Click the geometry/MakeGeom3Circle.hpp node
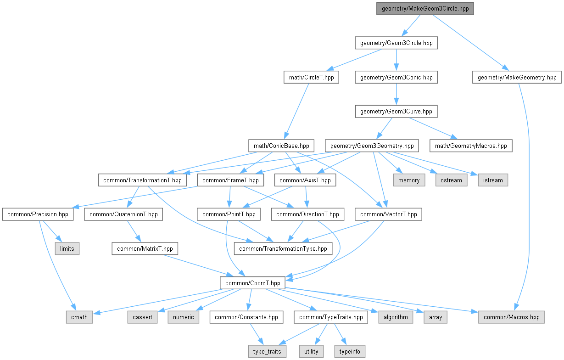(424, 9)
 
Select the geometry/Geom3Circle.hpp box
(396, 43)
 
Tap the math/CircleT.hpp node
(311, 77)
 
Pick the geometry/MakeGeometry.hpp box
(517, 77)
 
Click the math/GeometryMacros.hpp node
(470, 146)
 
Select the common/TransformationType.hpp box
(283, 248)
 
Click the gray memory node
(409, 180)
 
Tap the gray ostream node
(451, 180)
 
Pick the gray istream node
(493, 180)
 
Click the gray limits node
(67, 248)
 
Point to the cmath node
(78, 317)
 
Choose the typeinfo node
(350, 351)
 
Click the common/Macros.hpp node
(511, 317)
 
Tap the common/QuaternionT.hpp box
(123, 214)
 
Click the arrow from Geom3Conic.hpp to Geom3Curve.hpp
(396, 94)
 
